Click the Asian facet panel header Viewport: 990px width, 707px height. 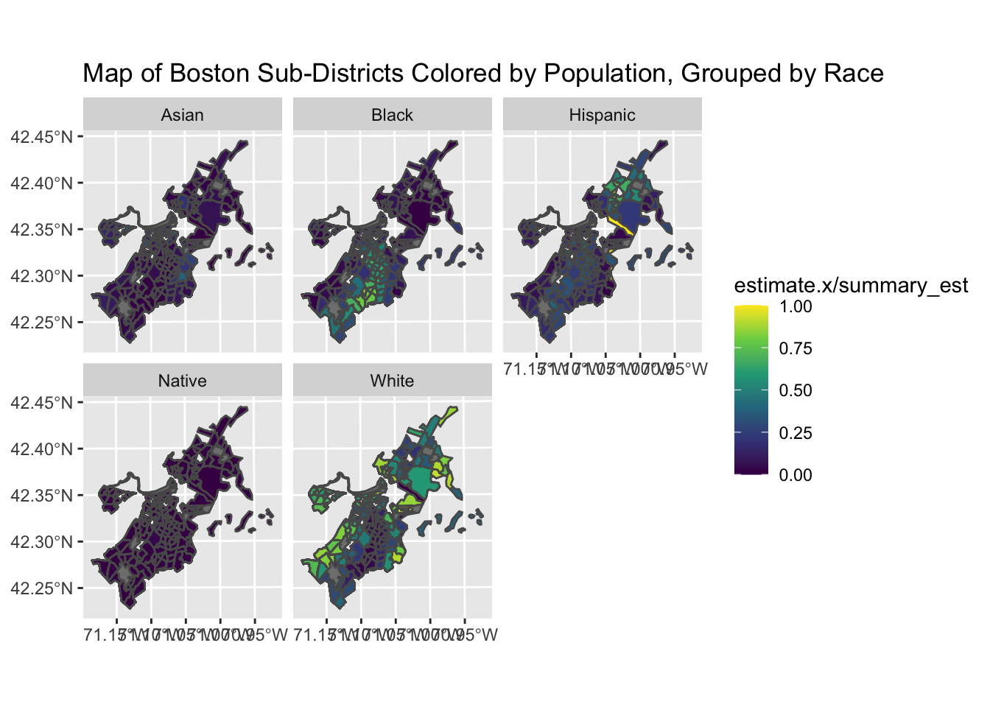click(x=182, y=115)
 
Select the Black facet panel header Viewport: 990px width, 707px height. click(x=392, y=115)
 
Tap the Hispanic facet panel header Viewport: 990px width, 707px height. click(x=602, y=115)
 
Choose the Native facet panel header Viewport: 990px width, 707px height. click(x=182, y=381)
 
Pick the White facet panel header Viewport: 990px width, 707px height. click(x=392, y=381)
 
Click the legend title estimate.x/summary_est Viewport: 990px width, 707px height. click(x=851, y=286)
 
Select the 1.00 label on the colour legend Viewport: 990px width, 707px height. click(x=796, y=307)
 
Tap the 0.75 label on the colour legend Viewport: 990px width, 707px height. click(x=796, y=348)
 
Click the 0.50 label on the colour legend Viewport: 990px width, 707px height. click(x=796, y=390)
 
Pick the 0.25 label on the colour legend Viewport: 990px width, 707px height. click(x=796, y=433)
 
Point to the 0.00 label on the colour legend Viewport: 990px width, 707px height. click(x=796, y=475)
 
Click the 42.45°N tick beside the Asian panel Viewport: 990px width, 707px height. click(x=42, y=137)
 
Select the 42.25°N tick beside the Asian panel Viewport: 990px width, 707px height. click(x=42, y=323)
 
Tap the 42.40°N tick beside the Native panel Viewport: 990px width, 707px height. click(x=42, y=449)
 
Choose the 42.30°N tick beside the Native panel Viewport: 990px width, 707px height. click(x=42, y=542)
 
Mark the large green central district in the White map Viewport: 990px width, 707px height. click(x=417, y=480)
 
